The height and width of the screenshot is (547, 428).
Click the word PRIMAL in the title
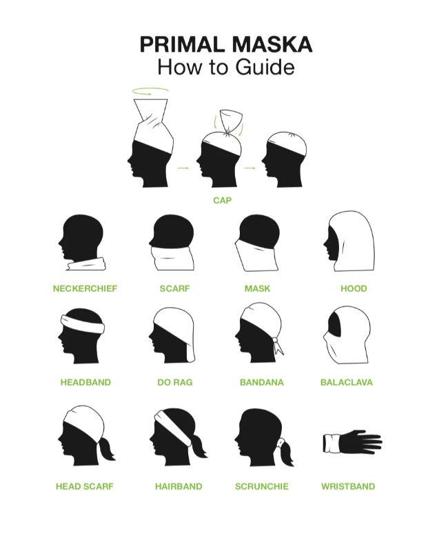tap(182, 45)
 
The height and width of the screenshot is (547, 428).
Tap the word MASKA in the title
tap(271, 45)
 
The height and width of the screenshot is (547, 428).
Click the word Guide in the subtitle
tap(265, 67)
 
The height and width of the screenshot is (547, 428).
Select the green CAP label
tap(223, 200)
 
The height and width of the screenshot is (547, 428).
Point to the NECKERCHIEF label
tap(85, 288)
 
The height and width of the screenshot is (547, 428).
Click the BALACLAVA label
tap(347, 382)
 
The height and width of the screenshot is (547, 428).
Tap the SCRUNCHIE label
tap(262, 486)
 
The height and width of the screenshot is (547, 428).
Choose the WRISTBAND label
tap(348, 486)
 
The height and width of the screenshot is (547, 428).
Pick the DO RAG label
tap(175, 382)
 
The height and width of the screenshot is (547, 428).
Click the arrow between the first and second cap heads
tap(183, 168)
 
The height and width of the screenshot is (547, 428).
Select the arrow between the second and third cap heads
tap(249, 168)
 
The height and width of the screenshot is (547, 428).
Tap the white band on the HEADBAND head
tap(83, 324)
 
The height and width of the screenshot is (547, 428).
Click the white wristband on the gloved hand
tap(332, 443)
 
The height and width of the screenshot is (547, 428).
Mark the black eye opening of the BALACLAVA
tap(335, 325)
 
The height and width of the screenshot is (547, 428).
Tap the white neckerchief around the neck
tap(87, 264)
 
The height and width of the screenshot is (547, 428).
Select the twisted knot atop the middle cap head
tap(228, 133)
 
